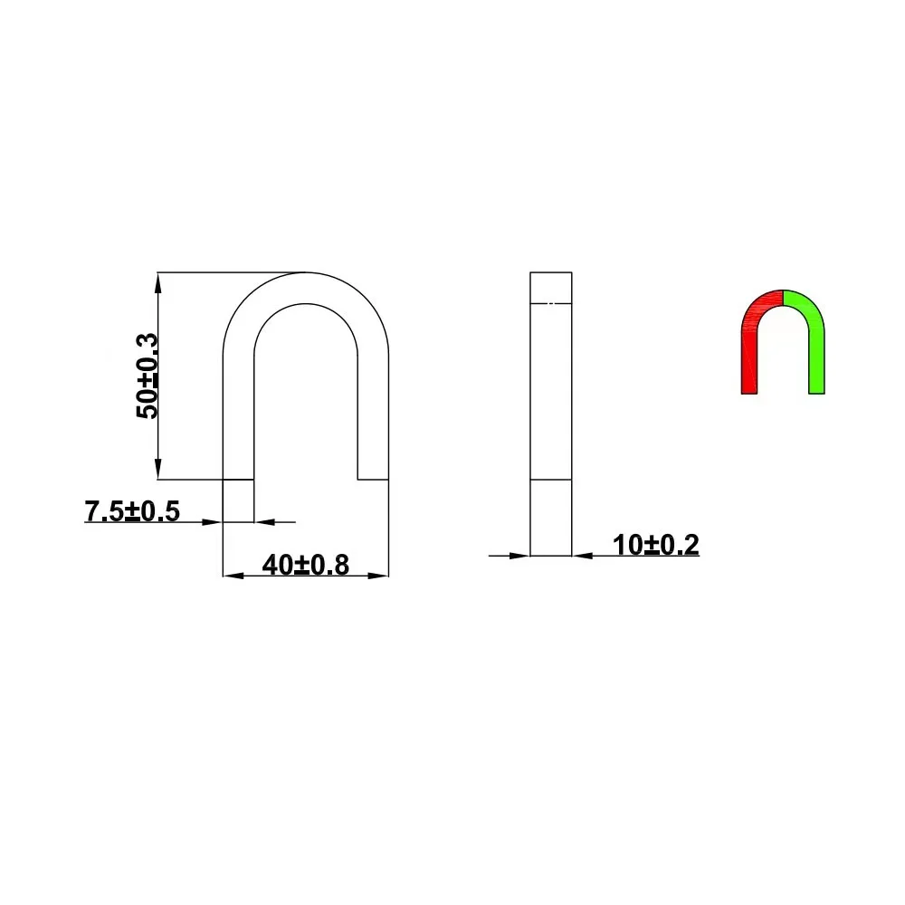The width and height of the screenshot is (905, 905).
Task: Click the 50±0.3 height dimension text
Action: pyautogui.click(x=147, y=376)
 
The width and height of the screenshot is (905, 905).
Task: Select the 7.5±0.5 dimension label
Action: pyautogui.click(x=132, y=511)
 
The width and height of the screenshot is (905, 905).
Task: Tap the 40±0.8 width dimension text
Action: pyautogui.click(x=306, y=565)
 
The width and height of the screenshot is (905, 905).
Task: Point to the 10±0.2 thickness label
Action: pyautogui.click(x=655, y=545)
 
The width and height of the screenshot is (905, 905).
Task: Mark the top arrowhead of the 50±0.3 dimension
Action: pyautogui.click(x=158, y=281)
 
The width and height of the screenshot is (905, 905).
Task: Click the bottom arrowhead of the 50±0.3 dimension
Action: pyautogui.click(x=158, y=471)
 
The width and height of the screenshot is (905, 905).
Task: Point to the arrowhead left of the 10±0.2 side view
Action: pyautogui.click(x=520, y=555)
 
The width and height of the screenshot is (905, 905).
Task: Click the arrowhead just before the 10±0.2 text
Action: pyautogui.click(x=582, y=555)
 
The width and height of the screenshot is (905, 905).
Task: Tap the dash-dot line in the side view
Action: pyautogui.click(x=551, y=302)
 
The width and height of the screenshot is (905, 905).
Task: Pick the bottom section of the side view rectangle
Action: pyautogui.click(x=551, y=517)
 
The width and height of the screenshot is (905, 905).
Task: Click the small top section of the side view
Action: pyautogui.click(x=551, y=286)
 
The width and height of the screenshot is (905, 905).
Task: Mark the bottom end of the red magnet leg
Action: pyautogui.click(x=748, y=389)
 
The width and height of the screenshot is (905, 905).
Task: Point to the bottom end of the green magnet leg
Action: pyautogui.click(x=816, y=389)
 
